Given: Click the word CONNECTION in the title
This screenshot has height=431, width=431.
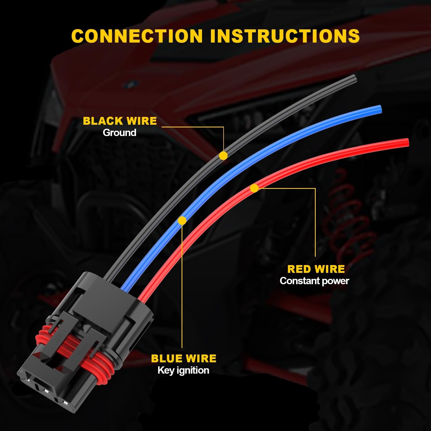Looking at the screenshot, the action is click(137, 36).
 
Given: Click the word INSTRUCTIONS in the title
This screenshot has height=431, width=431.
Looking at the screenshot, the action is click(285, 36).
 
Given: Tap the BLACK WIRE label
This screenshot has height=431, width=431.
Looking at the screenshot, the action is click(120, 121).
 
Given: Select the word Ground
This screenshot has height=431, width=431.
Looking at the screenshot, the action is click(119, 133).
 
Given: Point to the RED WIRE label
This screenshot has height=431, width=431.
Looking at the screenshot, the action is click(316, 269).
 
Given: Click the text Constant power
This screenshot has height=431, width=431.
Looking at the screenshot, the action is click(314, 281).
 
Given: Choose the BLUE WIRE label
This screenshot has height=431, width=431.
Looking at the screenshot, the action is click(184, 358).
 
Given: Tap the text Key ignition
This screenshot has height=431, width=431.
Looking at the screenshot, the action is click(183, 370).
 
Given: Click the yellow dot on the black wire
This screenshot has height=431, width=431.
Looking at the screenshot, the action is click(223, 155).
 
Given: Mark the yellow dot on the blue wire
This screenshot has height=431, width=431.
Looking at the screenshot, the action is click(182, 221).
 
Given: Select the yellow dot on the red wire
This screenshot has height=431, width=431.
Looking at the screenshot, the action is click(254, 188).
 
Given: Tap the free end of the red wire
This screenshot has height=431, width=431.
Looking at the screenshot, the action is click(406, 142).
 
